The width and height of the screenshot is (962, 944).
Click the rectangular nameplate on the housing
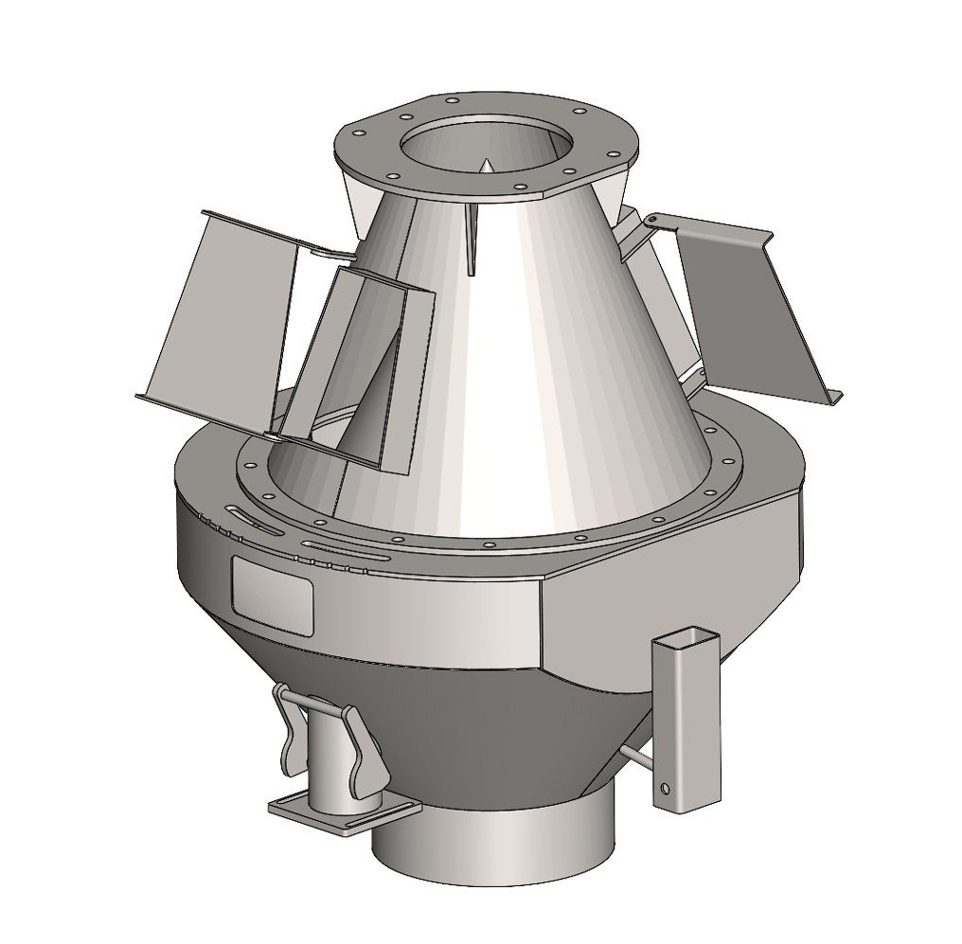click(x=272, y=594)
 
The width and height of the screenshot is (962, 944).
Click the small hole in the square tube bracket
click(x=666, y=788)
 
